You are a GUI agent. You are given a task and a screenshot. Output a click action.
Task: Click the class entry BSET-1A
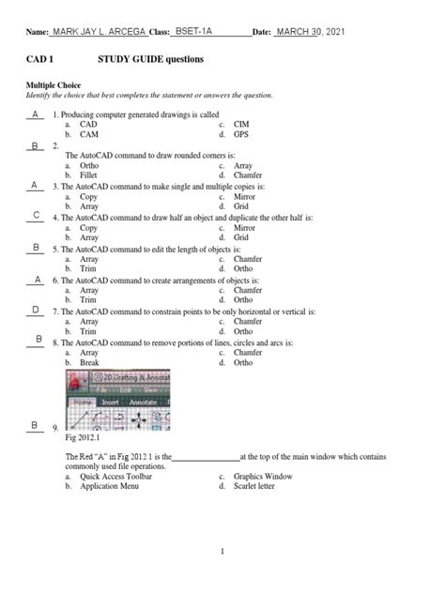pos(196,32)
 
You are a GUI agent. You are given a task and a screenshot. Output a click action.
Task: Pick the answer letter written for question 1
pos(35,114)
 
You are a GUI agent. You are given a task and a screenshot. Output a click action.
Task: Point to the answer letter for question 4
pos(36,216)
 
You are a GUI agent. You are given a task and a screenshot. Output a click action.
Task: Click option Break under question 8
pos(90,362)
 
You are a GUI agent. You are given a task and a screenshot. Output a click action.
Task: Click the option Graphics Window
pos(263,477)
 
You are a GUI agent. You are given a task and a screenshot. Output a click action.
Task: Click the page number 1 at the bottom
pos(222,552)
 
